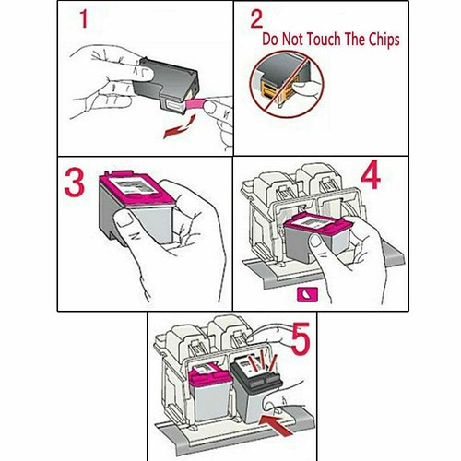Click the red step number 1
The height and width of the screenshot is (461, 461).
tap(84, 19)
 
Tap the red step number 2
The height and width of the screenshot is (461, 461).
tap(256, 18)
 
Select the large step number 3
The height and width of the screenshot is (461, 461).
tap(74, 183)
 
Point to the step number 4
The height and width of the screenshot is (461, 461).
tap(371, 178)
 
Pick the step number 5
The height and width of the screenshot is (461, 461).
tap(300, 339)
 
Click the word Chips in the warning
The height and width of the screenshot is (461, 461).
tap(384, 41)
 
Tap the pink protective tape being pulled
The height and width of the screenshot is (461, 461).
tap(195, 102)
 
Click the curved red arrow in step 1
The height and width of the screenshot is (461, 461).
tap(179, 126)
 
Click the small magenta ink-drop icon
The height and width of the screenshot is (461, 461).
tap(307, 294)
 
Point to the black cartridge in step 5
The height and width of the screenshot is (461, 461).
tap(255, 389)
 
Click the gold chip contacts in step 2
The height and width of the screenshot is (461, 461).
tap(274, 91)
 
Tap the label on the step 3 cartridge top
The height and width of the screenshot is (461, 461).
tap(134, 185)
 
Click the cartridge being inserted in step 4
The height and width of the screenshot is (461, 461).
tap(316, 238)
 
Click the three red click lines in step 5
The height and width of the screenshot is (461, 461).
tap(263, 362)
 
